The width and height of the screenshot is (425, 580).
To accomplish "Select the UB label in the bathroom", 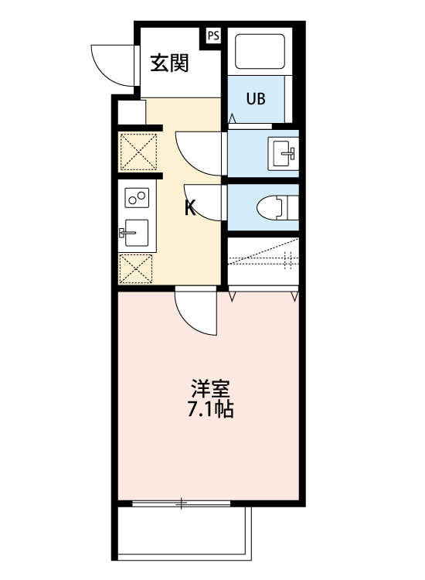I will pyautogui.click(x=255, y=98).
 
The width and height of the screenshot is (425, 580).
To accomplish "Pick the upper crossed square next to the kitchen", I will pyautogui.click(x=138, y=152).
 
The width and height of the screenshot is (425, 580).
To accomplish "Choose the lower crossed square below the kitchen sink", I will pyautogui.click(x=137, y=268).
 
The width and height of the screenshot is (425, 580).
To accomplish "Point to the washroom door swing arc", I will pyautogui.click(x=198, y=152).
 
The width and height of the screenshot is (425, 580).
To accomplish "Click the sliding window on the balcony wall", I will pyautogui.click(x=181, y=504).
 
